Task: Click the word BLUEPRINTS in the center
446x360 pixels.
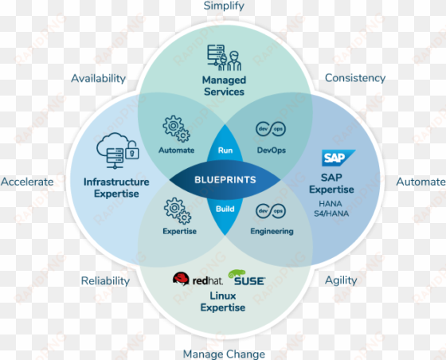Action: pyautogui.click(x=225, y=180)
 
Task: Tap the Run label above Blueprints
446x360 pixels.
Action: pyautogui.click(x=225, y=151)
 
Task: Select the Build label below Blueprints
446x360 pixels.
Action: pyautogui.click(x=225, y=209)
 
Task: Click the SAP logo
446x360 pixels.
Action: pyautogui.click(x=338, y=158)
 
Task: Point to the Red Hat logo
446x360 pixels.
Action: pyautogui.click(x=198, y=279)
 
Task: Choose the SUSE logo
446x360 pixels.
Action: pyautogui.click(x=247, y=277)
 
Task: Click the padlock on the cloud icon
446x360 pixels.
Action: pyautogui.click(x=132, y=151)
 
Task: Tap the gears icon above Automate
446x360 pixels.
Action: pyautogui.click(x=176, y=129)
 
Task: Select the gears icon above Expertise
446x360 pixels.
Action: pyautogui.click(x=178, y=211)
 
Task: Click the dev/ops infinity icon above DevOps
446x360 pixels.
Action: pyautogui.click(x=271, y=129)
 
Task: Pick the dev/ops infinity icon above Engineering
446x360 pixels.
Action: pyautogui.click(x=271, y=211)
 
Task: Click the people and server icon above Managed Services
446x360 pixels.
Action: pyautogui.click(x=224, y=57)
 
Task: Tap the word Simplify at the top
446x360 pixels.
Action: pyautogui.click(x=224, y=6)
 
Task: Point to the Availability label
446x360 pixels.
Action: pyautogui.click(x=99, y=79)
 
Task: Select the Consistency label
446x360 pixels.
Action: pyautogui.click(x=355, y=78)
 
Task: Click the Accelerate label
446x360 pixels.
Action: pyautogui.click(x=27, y=182)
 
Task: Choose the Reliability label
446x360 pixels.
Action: pyautogui.click(x=105, y=281)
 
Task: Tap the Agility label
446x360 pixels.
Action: pyautogui.click(x=341, y=280)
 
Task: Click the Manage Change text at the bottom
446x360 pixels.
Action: pyautogui.click(x=224, y=354)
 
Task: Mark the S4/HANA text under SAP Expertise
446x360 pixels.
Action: pyautogui.click(x=331, y=213)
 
